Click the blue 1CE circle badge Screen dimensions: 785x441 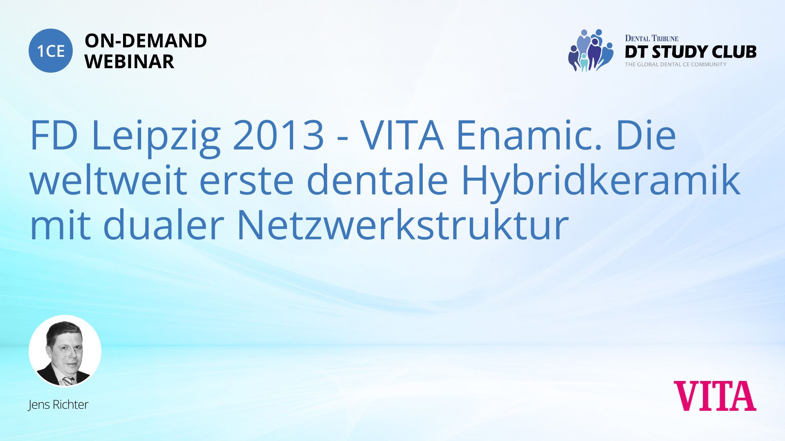tap(51, 51)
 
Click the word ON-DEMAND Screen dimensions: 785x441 tap(146, 41)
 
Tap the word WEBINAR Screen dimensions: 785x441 tap(129, 62)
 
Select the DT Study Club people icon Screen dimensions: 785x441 tap(591, 50)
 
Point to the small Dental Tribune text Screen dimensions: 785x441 tap(652, 38)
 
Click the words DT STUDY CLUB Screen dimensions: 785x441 tap(691, 52)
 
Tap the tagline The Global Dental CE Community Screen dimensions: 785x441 tap(675, 65)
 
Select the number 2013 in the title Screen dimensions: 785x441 tap(278, 135)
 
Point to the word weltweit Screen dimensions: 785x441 tap(108, 180)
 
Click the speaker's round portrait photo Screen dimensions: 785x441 tap(65, 351)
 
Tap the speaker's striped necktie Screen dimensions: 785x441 tap(68, 381)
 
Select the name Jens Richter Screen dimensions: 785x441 tap(58, 405)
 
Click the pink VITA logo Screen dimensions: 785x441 tap(715, 396)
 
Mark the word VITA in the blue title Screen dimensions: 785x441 tap(402, 135)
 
